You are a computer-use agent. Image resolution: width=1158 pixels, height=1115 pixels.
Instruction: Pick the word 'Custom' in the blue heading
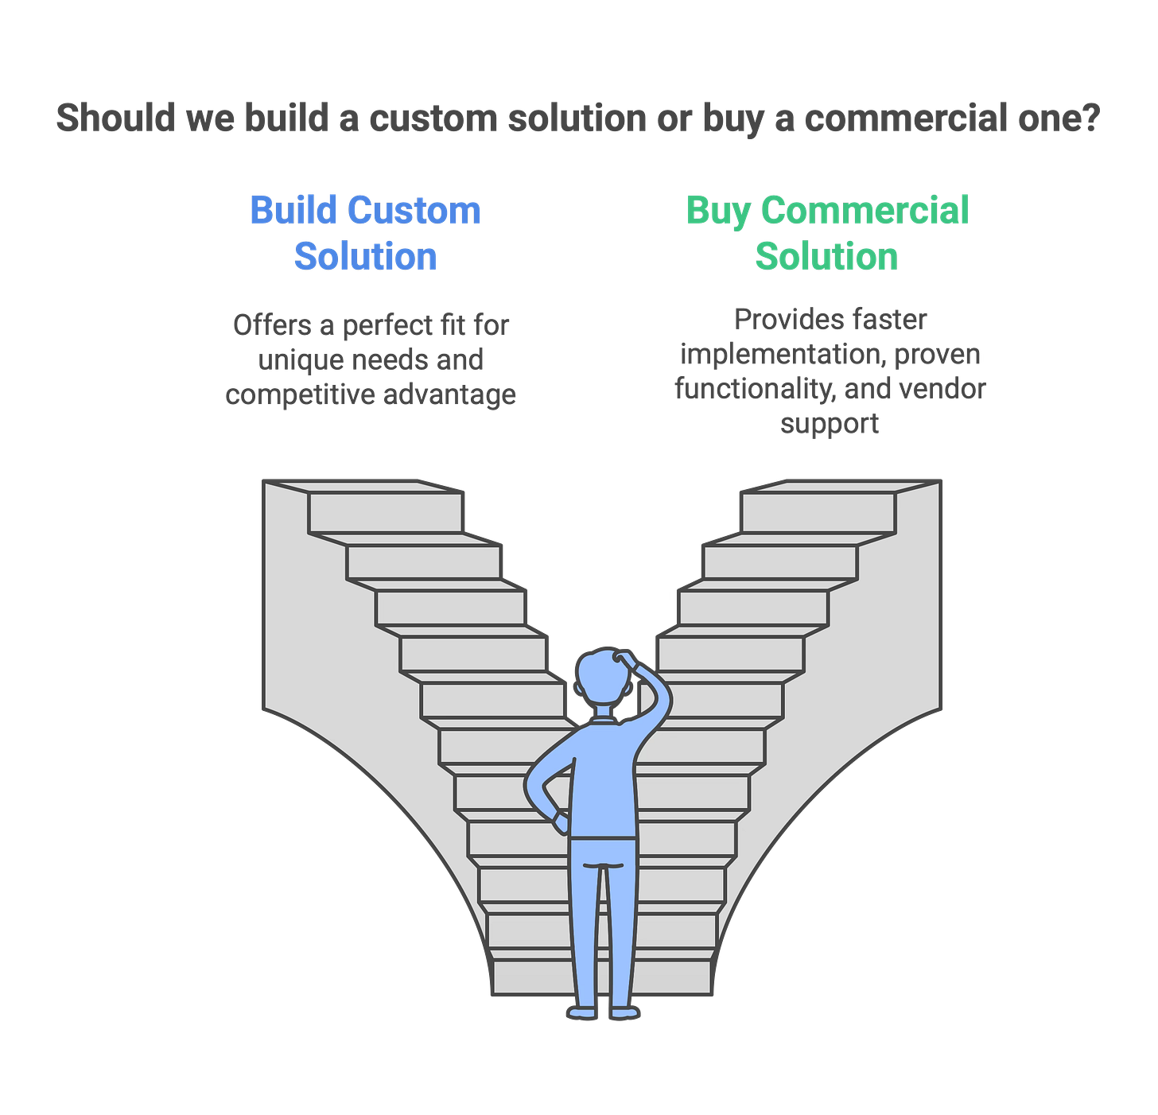(414, 210)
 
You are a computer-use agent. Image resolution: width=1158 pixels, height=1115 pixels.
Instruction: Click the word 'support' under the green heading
(830, 423)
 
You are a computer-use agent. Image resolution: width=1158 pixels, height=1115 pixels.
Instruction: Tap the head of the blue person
(601, 676)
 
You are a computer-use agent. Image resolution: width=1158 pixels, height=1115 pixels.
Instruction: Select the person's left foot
(582, 1012)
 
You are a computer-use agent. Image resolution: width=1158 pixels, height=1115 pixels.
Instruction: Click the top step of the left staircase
(386, 512)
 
